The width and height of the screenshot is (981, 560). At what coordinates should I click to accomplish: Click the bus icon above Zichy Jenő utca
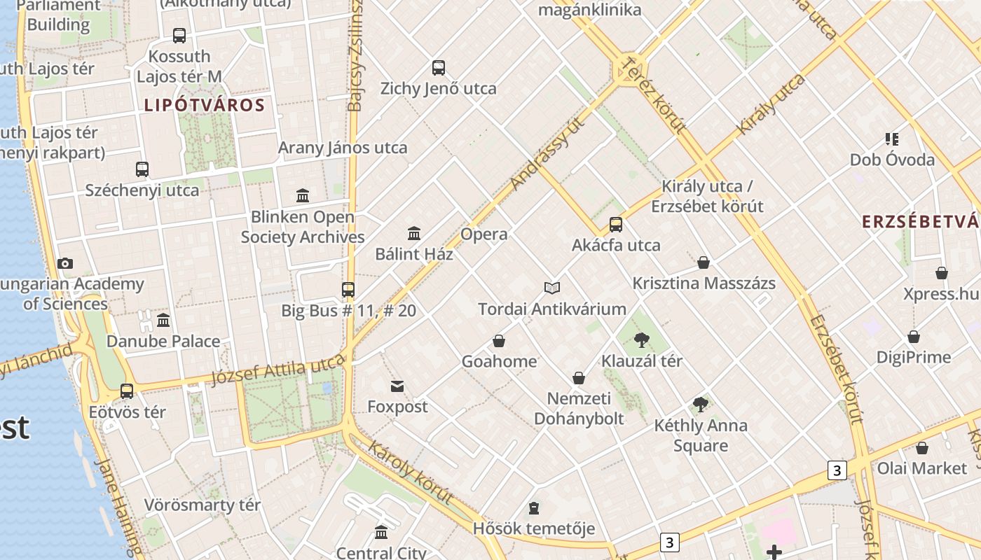(439, 68)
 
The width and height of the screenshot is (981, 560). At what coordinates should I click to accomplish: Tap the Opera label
(484, 234)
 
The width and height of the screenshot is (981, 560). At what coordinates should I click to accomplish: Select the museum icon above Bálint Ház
(414, 233)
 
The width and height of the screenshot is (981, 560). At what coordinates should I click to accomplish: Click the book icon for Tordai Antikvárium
(552, 288)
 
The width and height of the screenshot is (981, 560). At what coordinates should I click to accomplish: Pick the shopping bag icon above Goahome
(499, 341)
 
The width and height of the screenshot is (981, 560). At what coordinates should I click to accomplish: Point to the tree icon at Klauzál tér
(641, 340)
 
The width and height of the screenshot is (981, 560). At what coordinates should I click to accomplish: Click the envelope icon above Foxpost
(397, 386)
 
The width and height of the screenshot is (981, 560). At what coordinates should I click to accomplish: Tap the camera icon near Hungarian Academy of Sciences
(65, 263)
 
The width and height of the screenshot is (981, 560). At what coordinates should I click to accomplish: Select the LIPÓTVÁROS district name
(204, 106)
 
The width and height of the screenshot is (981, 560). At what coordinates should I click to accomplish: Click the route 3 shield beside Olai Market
(837, 470)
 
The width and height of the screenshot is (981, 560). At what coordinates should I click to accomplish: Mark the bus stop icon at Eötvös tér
(127, 391)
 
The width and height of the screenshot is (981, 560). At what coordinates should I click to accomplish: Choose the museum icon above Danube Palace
(163, 321)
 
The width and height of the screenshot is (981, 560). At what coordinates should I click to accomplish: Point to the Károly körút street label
(410, 472)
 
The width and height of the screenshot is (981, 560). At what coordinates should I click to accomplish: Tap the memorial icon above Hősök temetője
(534, 507)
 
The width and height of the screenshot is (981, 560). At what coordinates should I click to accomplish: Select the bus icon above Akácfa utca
(616, 225)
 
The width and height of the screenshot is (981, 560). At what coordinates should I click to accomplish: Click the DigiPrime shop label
(913, 358)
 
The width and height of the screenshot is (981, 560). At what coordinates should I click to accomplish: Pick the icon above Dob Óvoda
(891, 139)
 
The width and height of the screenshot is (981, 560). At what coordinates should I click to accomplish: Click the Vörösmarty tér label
(202, 505)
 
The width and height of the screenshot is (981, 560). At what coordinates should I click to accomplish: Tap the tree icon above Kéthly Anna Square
(700, 404)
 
